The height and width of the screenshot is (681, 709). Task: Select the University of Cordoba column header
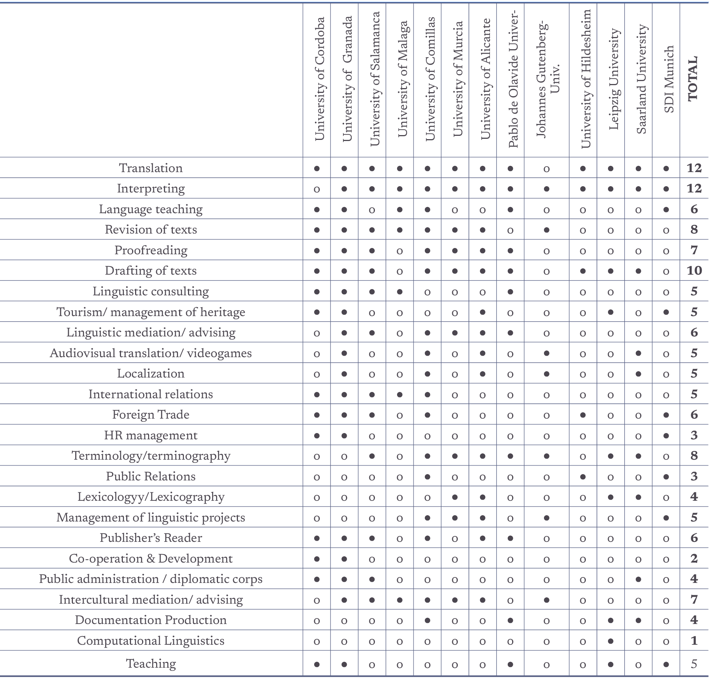coord(319,79)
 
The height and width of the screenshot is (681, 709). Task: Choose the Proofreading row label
coord(151,250)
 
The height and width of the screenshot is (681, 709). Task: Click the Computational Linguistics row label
coord(151,641)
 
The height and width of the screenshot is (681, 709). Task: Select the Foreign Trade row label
coord(151,415)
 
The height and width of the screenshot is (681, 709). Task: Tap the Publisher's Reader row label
coord(151,538)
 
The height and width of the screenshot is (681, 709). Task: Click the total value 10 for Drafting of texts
coord(694,271)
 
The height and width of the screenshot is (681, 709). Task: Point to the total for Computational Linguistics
coord(694,641)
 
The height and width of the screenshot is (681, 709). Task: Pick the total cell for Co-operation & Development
coord(694,558)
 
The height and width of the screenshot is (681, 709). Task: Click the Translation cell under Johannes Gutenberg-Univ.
coord(547,169)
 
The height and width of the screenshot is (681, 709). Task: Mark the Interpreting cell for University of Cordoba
coord(317,189)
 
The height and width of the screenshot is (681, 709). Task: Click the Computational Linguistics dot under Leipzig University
coord(611,641)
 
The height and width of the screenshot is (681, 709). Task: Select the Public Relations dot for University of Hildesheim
coord(583,477)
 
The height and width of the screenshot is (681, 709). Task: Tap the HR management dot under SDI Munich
coord(666,436)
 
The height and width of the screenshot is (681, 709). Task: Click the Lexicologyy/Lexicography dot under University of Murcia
coord(455,497)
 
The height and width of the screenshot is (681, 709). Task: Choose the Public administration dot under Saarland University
coord(639,579)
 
